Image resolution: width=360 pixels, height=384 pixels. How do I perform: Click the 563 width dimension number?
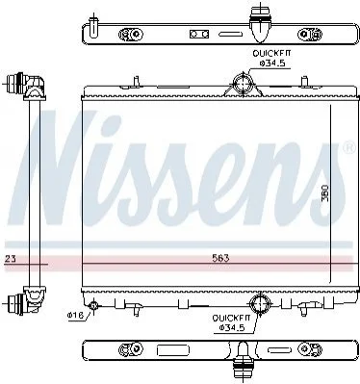point(220,258)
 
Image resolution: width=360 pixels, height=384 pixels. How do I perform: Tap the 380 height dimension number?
point(325,192)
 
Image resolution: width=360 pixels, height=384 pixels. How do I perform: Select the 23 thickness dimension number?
point(11,258)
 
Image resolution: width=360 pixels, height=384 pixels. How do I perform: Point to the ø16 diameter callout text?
point(75,316)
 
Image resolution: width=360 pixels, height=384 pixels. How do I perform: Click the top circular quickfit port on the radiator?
point(243,83)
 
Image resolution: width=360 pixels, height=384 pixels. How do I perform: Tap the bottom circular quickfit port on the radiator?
point(260,303)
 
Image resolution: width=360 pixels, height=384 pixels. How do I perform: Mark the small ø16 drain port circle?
point(93,305)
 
